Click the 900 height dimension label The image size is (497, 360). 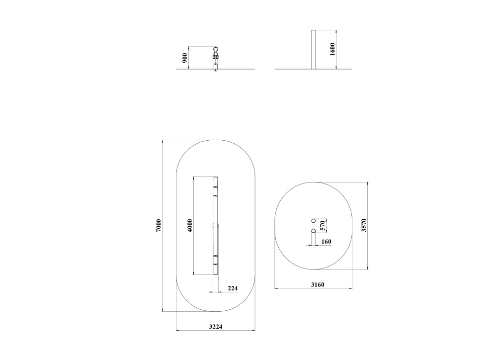click(x=185, y=58)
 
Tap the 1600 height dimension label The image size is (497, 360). click(x=332, y=49)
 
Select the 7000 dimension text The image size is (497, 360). click(x=159, y=226)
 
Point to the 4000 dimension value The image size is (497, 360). click(x=190, y=226)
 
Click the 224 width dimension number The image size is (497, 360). click(x=233, y=288)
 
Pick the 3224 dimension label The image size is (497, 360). click(x=216, y=326)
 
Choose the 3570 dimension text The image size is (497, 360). click(x=364, y=225)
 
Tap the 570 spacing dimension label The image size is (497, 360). click(x=323, y=226)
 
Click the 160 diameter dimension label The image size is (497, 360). click(x=326, y=242)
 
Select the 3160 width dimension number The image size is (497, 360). click(x=318, y=285)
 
